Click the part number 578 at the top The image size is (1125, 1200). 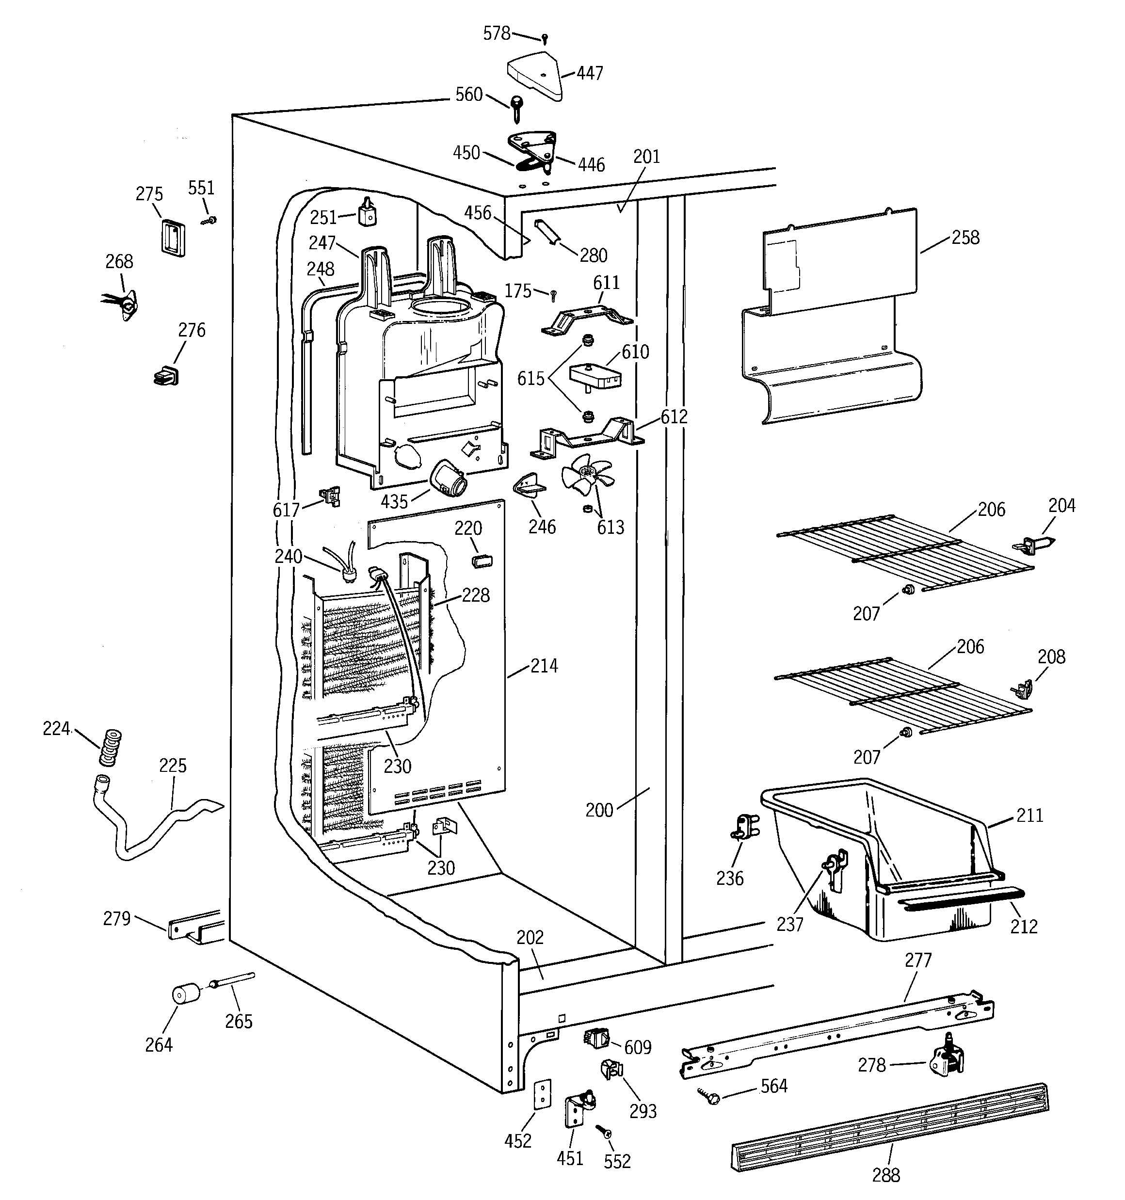click(497, 34)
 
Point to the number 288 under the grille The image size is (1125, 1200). click(886, 1175)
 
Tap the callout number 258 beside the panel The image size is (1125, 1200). click(965, 238)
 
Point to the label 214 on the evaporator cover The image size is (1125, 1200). click(544, 666)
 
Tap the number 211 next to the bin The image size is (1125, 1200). click(1029, 816)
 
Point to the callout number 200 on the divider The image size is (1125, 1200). click(599, 810)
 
